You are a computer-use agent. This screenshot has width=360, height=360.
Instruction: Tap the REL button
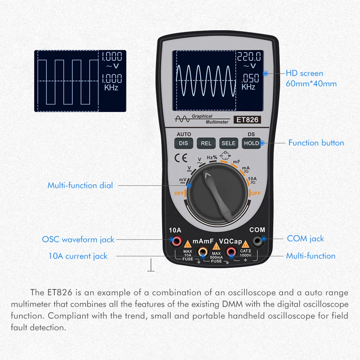click(x=206, y=143)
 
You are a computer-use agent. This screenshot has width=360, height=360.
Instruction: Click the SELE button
click(x=228, y=143)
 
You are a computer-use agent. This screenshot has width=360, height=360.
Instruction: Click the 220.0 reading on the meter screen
click(x=249, y=56)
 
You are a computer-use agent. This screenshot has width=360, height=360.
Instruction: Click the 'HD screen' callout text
click(x=304, y=73)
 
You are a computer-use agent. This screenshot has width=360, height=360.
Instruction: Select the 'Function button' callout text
click(x=316, y=143)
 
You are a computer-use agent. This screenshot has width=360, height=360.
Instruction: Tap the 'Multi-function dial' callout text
click(x=80, y=186)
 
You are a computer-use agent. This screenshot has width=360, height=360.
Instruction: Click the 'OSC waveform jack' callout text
click(x=78, y=239)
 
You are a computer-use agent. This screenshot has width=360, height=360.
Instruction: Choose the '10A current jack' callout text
click(x=78, y=256)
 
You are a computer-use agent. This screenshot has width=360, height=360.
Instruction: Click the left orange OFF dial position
click(x=179, y=193)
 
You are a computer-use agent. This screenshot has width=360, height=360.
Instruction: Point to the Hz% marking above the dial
click(x=212, y=158)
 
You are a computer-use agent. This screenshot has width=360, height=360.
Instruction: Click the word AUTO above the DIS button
click(x=184, y=134)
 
